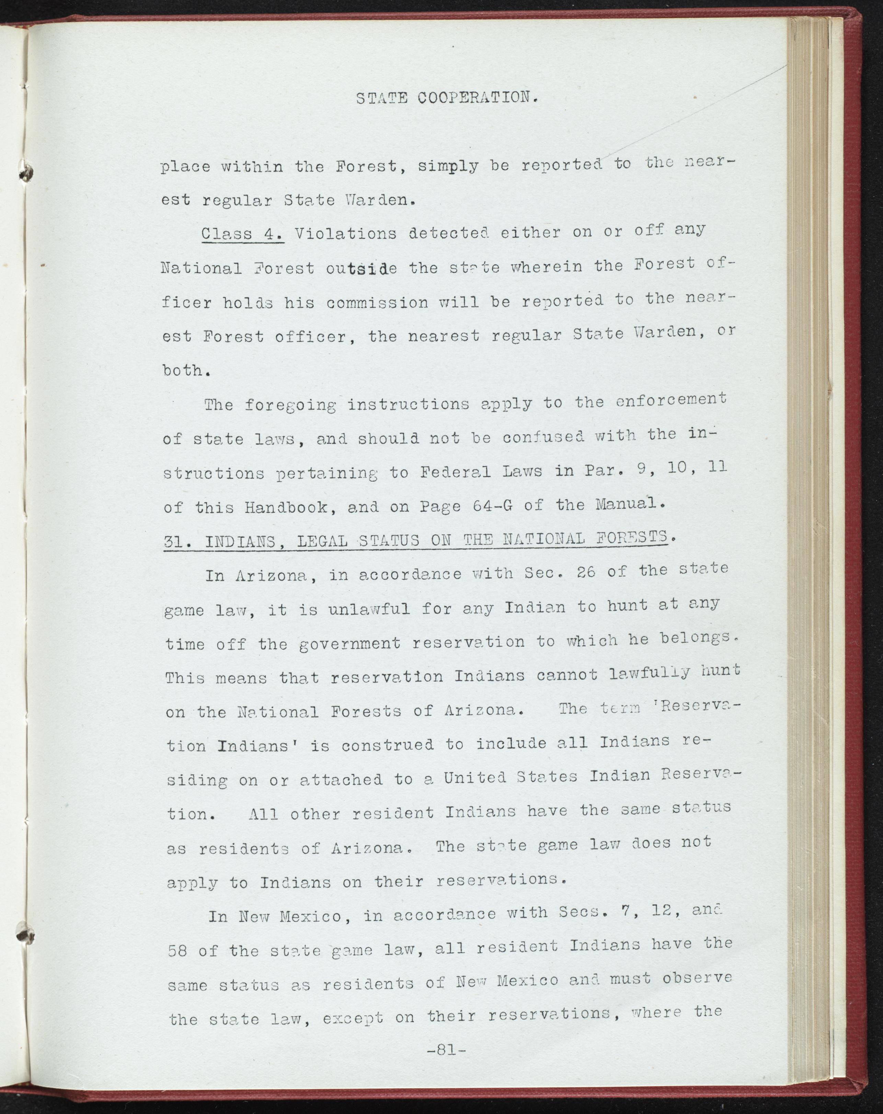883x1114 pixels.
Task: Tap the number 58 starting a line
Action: coord(177,951)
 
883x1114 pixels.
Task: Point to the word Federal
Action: coord(454,471)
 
